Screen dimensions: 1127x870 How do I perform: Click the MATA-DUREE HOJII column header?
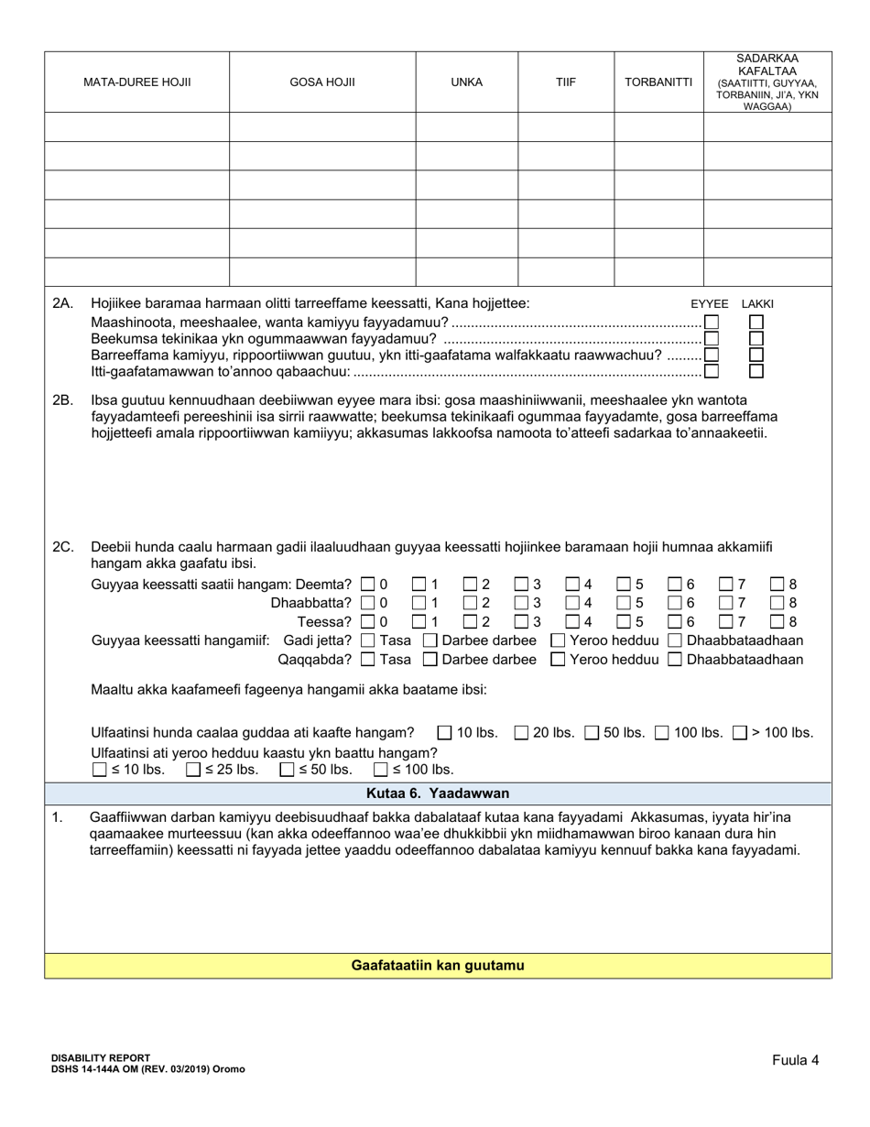pyautogui.click(x=136, y=82)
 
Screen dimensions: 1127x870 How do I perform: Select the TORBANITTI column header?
pyautogui.click(x=658, y=82)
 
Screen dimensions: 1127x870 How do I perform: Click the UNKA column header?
pyautogui.click(x=466, y=82)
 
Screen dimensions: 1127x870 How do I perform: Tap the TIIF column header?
pyautogui.click(x=565, y=82)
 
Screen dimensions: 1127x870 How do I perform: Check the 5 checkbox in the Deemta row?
pyautogui.click(x=625, y=584)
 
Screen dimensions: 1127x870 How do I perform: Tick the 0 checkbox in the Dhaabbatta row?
pyautogui.click(x=368, y=603)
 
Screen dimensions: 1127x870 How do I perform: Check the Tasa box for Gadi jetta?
pyautogui.click(x=368, y=640)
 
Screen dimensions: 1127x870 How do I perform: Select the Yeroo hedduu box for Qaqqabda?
pyautogui.click(x=558, y=660)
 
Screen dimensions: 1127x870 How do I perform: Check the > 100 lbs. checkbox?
pyautogui.click(x=740, y=733)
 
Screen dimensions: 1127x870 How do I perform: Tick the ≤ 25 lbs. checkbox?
pyautogui.click(x=193, y=771)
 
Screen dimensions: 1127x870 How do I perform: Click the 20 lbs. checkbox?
pyautogui.click(x=521, y=733)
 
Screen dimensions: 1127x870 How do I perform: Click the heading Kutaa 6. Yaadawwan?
pyautogui.click(x=438, y=793)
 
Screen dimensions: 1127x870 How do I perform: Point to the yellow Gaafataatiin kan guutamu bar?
pyautogui.click(x=438, y=966)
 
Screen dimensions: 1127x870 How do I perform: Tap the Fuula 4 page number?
pyautogui.click(x=795, y=1060)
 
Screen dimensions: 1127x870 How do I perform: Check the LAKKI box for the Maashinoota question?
pyautogui.click(x=756, y=323)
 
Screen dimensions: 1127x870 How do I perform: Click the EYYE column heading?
pyautogui.click(x=709, y=303)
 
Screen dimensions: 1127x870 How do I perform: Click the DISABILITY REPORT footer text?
pyautogui.click(x=101, y=1057)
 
